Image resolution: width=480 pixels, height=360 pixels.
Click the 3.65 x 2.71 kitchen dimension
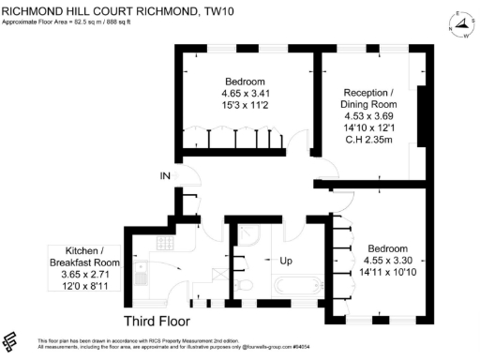85,275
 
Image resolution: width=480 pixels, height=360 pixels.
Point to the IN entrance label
165,176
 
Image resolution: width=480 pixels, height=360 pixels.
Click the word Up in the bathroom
278,258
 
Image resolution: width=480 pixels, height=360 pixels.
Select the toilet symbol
242,285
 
